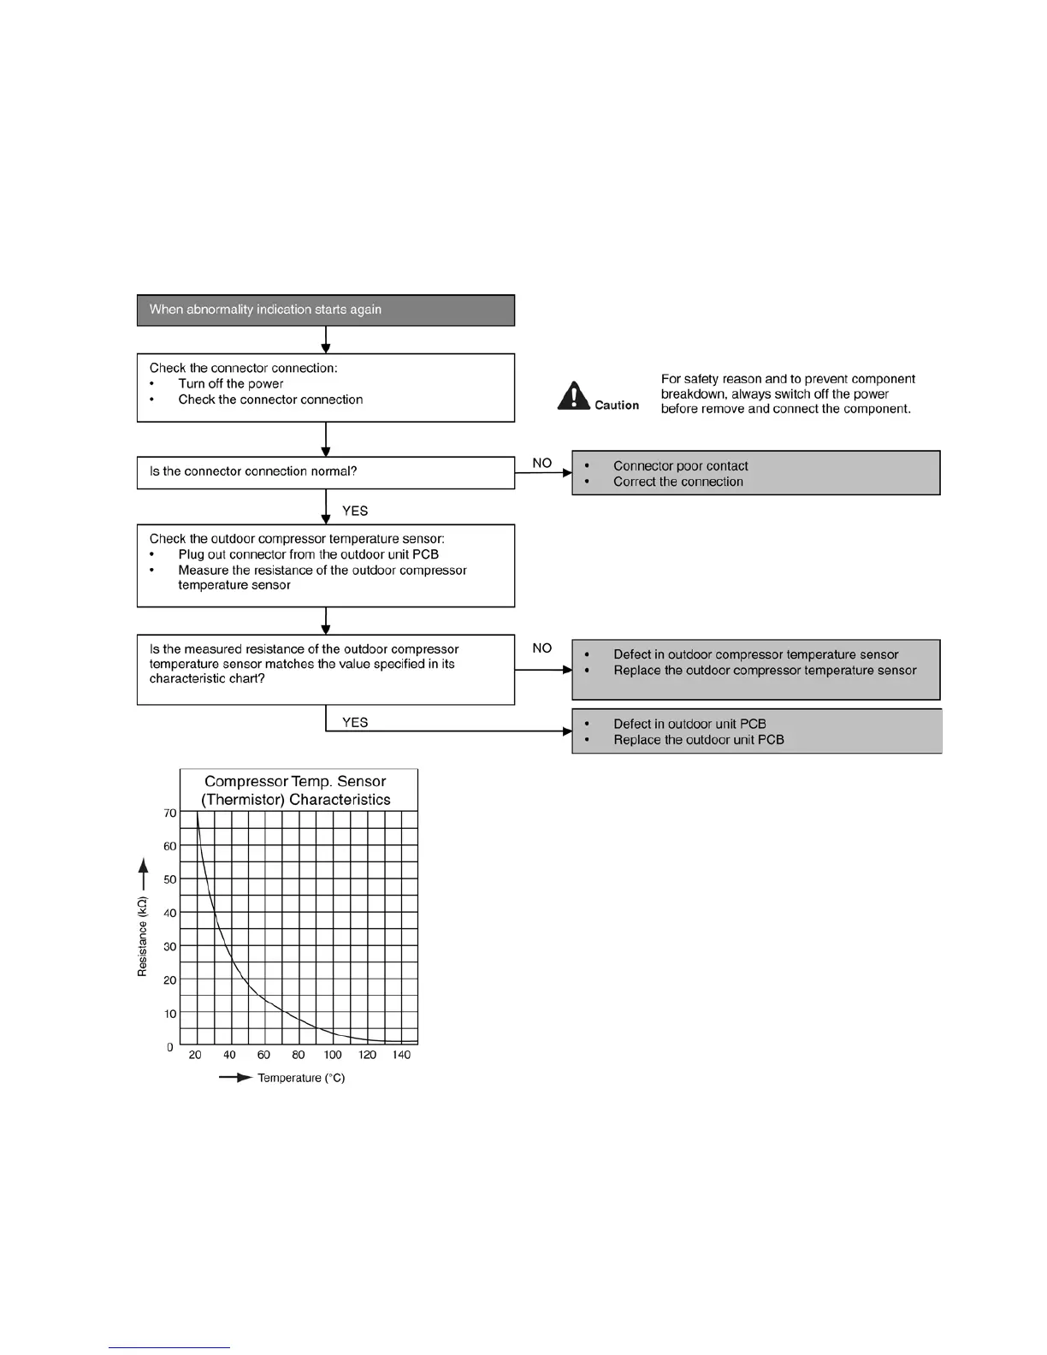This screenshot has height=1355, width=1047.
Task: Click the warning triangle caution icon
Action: click(x=573, y=396)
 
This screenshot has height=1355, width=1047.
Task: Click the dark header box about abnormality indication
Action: click(x=325, y=310)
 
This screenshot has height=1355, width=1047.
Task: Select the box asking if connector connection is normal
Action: click(x=325, y=472)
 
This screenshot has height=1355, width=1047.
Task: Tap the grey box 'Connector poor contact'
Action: click(x=755, y=473)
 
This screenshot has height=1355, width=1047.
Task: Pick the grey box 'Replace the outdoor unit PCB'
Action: click(x=755, y=731)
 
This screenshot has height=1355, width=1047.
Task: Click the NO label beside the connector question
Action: click(x=542, y=463)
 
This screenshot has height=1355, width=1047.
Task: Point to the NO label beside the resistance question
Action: click(x=542, y=648)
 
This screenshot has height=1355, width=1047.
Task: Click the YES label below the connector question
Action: click(x=355, y=511)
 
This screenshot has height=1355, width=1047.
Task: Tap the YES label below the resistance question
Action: click(x=355, y=722)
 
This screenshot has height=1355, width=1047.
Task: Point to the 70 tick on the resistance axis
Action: click(x=170, y=814)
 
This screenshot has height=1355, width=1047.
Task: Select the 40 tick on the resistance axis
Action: click(x=170, y=913)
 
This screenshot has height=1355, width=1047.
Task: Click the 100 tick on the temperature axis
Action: click(x=333, y=1055)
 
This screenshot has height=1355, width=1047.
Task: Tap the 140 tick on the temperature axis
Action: click(x=401, y=1055)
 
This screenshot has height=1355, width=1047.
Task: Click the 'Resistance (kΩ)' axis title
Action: click(x=143, y=936)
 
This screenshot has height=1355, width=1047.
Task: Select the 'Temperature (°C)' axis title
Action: click(x=301, y=1078)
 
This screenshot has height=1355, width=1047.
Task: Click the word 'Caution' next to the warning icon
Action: click(x=617, y=405)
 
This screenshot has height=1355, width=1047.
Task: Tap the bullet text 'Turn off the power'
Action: click(x=231, y=383)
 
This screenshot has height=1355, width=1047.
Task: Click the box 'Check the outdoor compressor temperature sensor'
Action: click(x=325, y=565)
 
